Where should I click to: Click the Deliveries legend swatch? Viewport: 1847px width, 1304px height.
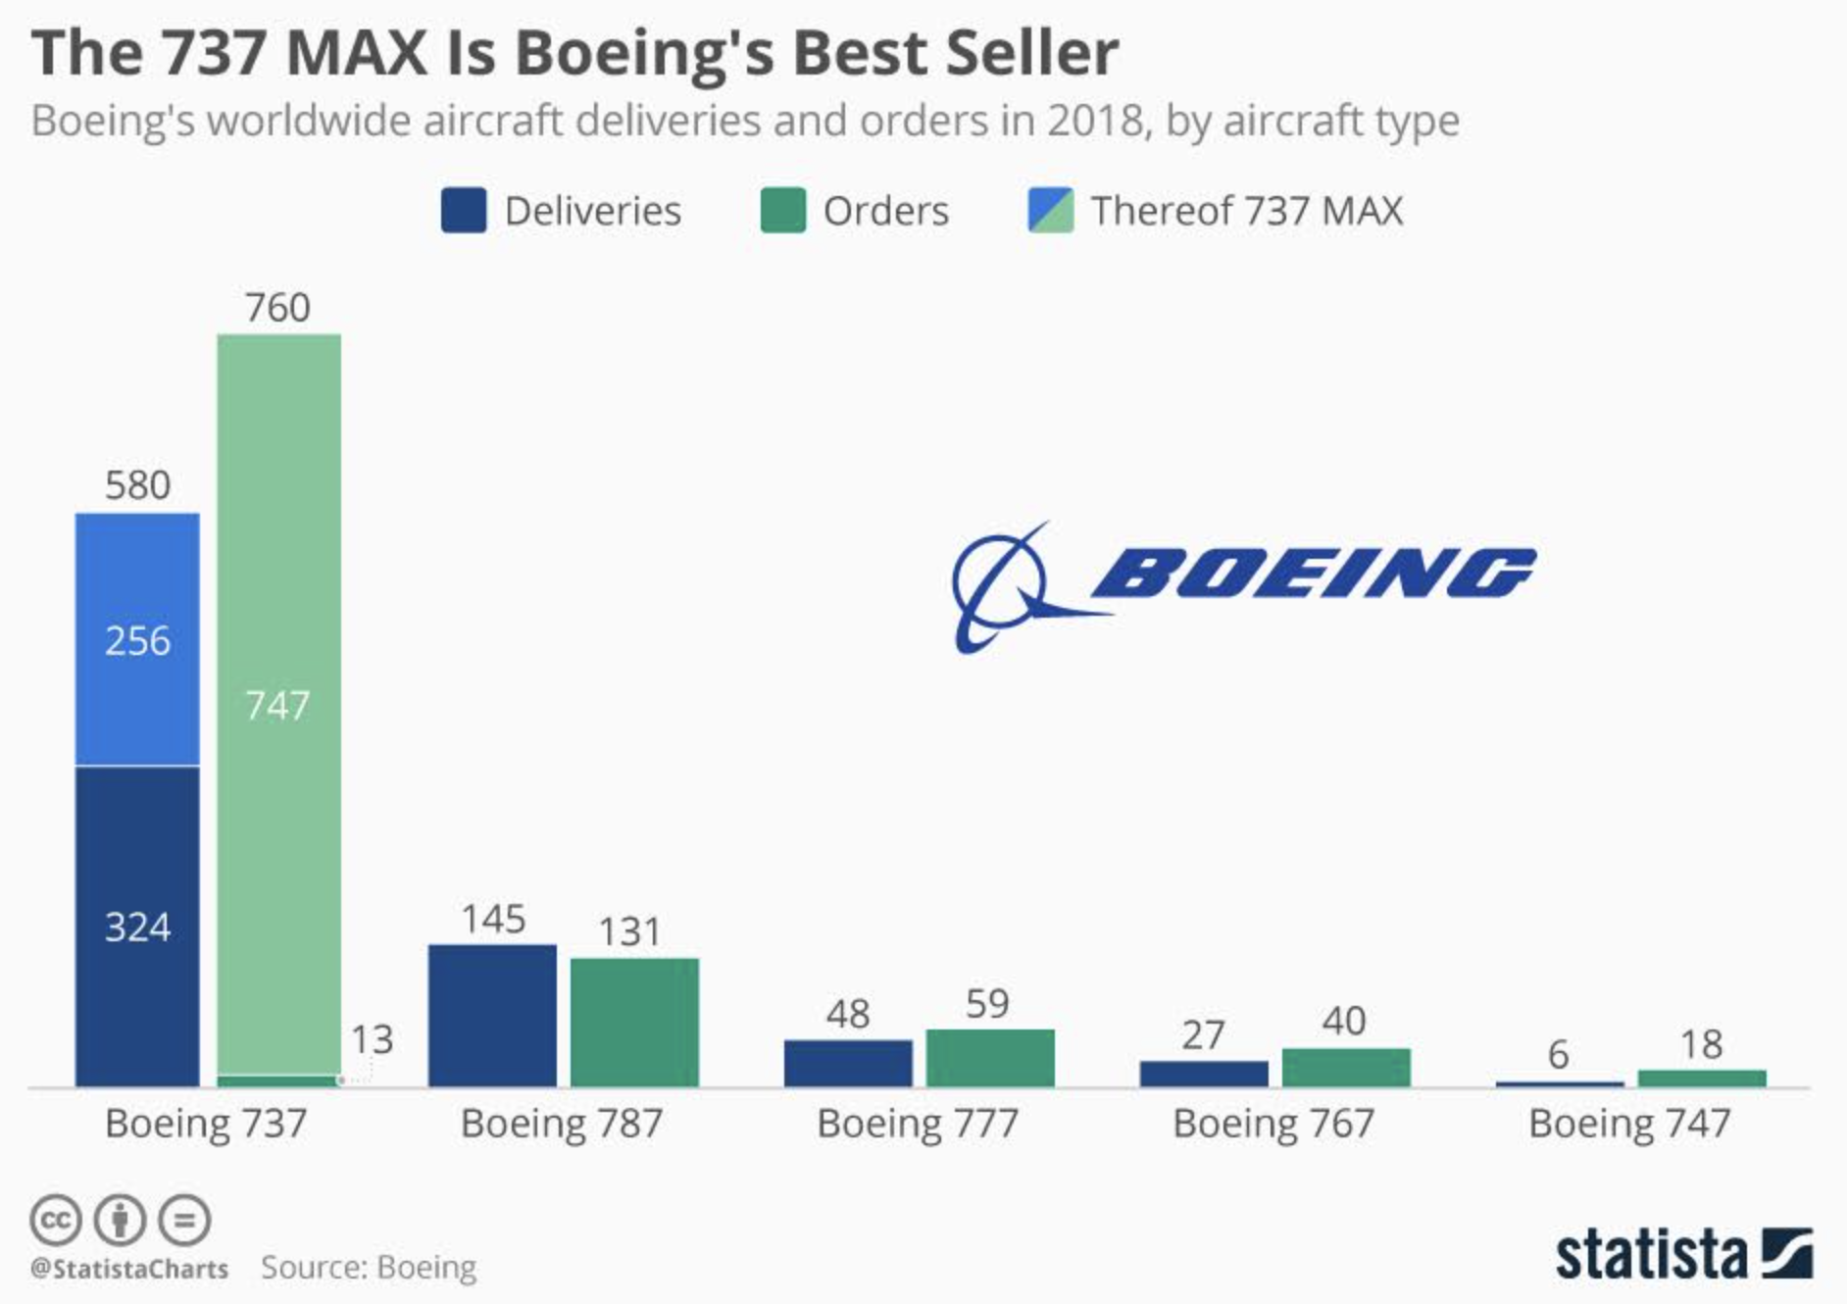point(463,211)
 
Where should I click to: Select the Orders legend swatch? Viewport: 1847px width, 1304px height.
point(782,211)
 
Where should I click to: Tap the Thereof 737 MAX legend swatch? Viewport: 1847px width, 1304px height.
point(1050,211)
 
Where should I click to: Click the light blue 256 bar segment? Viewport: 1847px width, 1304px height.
point(137,639)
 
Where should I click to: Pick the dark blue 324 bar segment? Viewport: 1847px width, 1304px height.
point(137,926)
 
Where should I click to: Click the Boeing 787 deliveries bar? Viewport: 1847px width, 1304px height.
point(492,1015)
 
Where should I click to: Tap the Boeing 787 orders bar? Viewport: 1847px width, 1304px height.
point(634,1022)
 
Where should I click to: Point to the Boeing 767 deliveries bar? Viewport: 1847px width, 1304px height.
point(1204,1073)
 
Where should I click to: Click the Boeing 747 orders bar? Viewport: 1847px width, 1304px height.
point(1702,1078)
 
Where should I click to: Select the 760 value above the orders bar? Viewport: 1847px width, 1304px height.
point(278,308)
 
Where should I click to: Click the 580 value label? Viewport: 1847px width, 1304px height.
point(137,485)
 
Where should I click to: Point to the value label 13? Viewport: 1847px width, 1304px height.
point(372,1039)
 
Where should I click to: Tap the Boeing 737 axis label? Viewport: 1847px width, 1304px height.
point(206,1124)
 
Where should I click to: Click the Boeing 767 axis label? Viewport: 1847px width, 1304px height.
point(1273,1124)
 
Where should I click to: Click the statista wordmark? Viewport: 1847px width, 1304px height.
point(1651,1254)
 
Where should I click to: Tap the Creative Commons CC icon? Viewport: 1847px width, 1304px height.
point(55,1221)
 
